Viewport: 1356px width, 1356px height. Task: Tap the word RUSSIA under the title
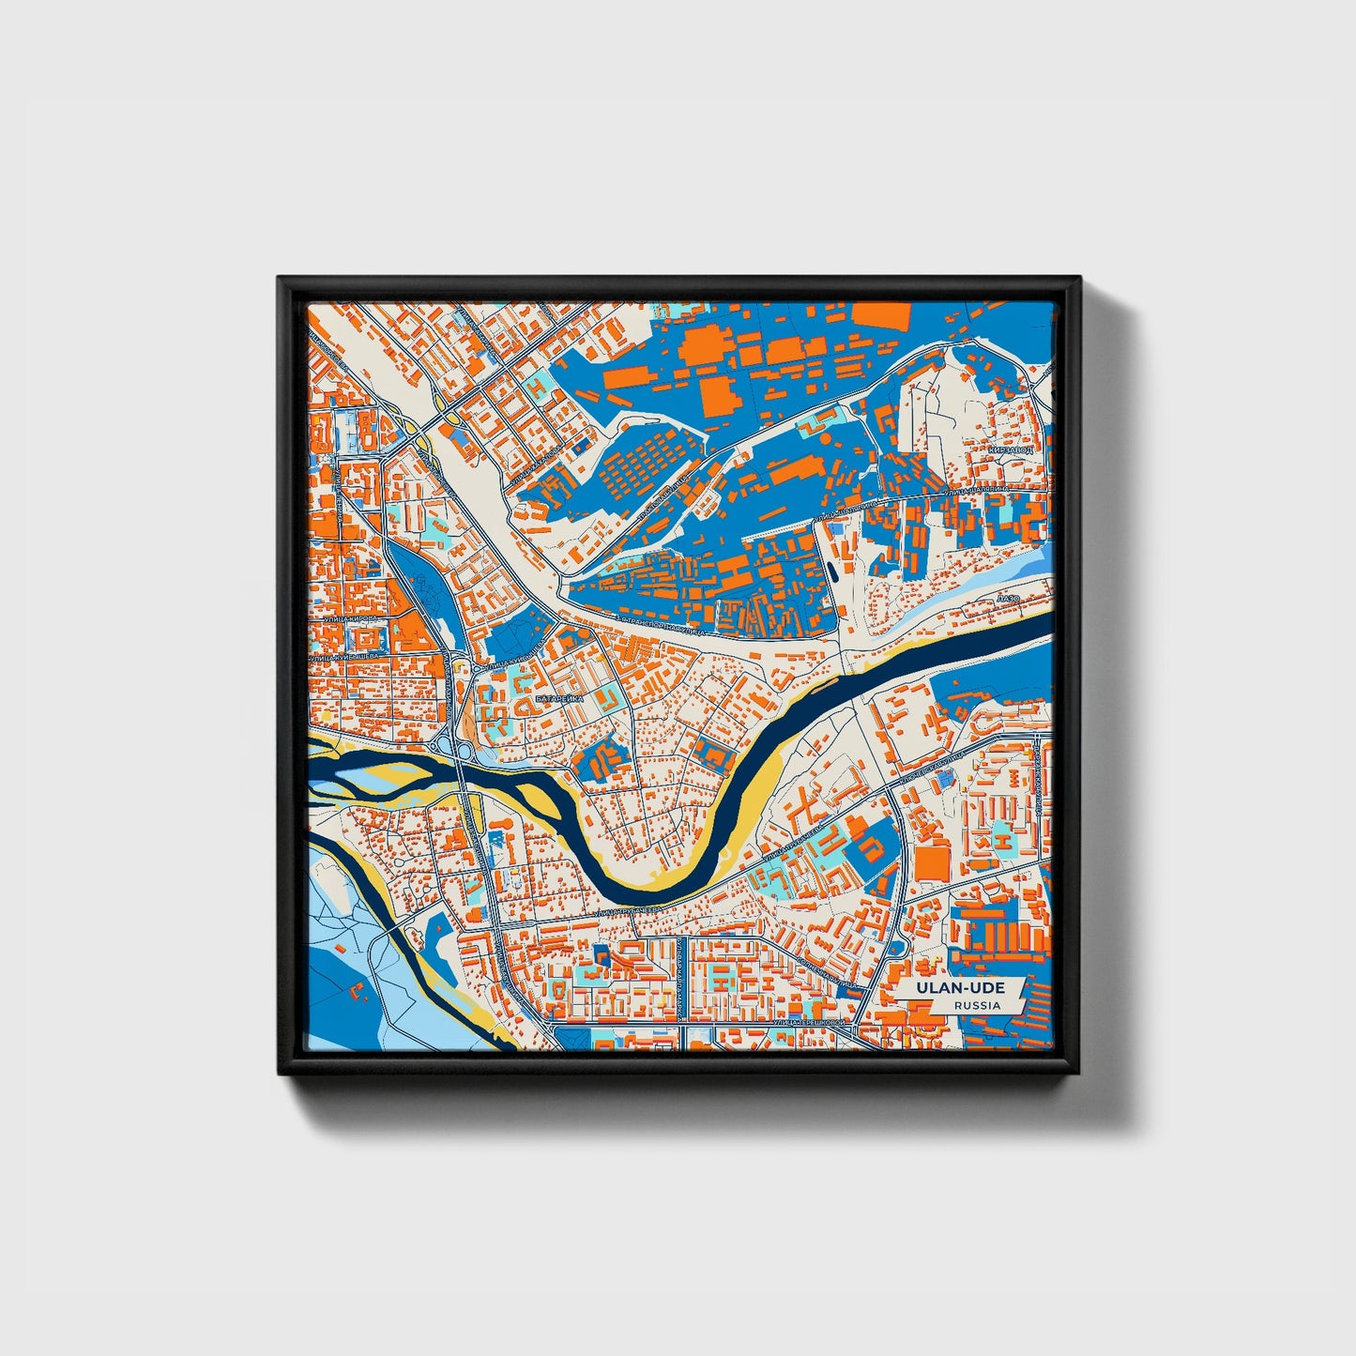(977, 1005)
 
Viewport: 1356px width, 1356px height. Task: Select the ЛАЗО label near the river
(1009, 598)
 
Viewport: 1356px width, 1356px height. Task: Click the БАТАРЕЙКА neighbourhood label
(559, 700)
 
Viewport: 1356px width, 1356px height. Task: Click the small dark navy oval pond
(830, 571)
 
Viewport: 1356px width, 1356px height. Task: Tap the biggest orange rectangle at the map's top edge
(881, 316)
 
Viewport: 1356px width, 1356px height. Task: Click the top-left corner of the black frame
(280, 279)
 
